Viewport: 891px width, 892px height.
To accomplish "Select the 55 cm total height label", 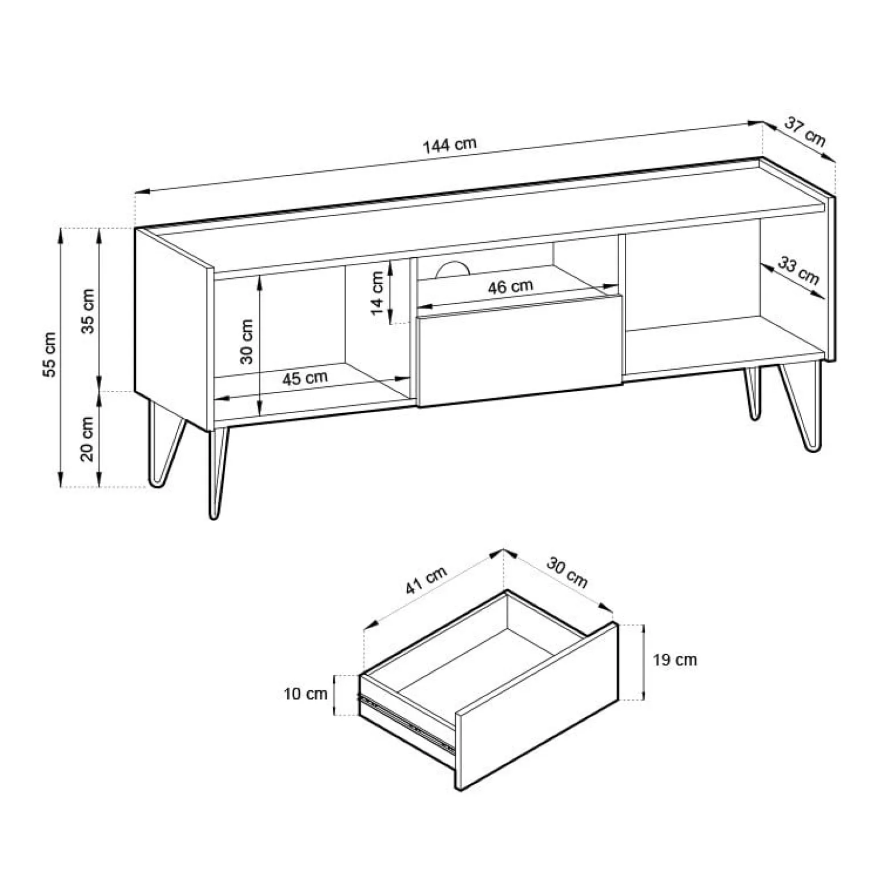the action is pyautogui.click(x=50, y=354).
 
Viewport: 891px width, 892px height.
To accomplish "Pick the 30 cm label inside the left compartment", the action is pyautogui.click(x=246, y=341).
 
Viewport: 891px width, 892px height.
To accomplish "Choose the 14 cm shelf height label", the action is pyautogui.click(x=377, y=293).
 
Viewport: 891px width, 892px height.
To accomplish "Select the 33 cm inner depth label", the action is pyautogui.click(x=799, y=271).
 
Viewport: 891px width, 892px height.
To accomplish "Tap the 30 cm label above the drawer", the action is pyautogui.click(x=567, y=571).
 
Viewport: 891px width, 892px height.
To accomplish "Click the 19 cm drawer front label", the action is pyautogui.click(x=675, y=660).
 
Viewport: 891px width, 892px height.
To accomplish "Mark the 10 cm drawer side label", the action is pyautogui.click(x=306, y=694).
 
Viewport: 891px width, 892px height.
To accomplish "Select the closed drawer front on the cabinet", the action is pyautogui.click(x=520, y=351).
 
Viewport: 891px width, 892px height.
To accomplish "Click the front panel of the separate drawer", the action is pyautogui.click(x=537, y=706).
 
